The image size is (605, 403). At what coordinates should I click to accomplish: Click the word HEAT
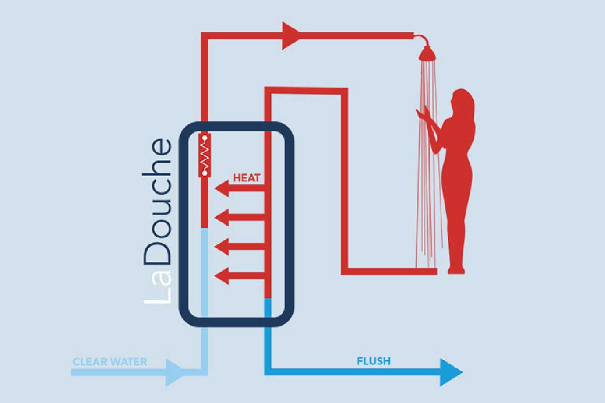(x=247, y=178)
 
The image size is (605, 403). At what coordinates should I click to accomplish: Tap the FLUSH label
(x=374, y=361)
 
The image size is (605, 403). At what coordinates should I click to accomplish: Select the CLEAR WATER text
(x=110, y=362)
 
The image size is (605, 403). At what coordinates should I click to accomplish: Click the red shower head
(x=428, y=53)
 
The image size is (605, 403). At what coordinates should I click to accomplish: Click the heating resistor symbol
(x=205, y=156)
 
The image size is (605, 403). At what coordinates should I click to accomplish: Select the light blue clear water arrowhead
(x=175, y=372)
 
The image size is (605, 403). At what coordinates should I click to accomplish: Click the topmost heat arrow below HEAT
(x=239, y=188)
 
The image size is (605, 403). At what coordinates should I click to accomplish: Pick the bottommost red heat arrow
(x=239, y=276)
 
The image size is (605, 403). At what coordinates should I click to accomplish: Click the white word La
(x=157, y=288)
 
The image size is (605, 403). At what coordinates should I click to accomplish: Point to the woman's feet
(x=456, y=271)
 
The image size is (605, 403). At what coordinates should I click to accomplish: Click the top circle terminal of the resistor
(x=205, y=138)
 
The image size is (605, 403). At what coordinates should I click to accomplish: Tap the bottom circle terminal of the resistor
(x=205, y=173)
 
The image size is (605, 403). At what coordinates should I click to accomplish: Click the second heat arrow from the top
(x=239, y=217)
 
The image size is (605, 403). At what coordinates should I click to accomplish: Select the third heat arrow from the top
(x=239, y=247)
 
